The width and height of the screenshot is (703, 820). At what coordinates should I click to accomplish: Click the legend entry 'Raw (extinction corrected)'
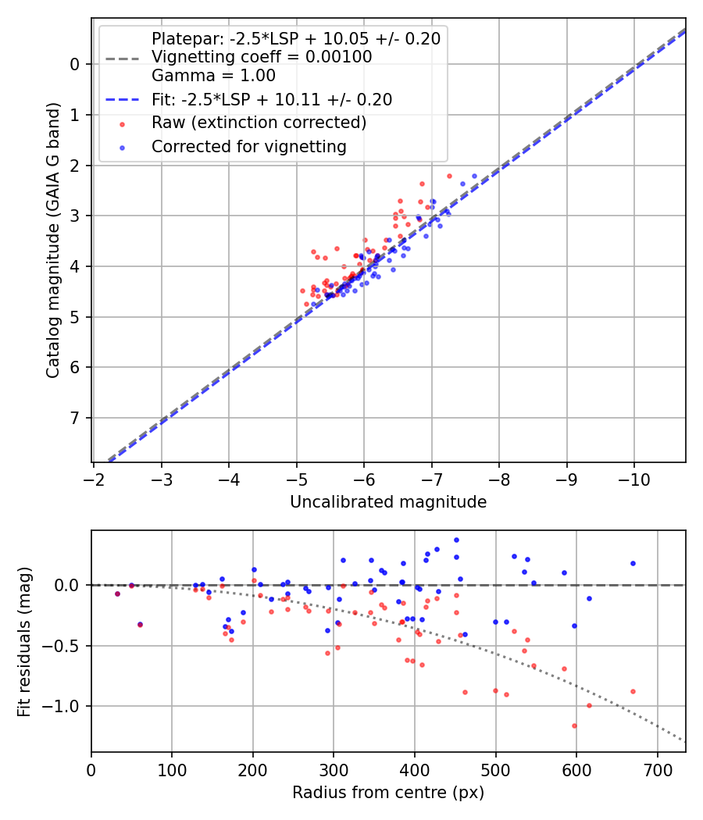coord(259,123)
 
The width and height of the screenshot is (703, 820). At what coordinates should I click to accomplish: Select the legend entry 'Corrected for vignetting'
coord(248,146)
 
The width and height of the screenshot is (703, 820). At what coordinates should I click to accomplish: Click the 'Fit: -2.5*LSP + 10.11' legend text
coord(272,99)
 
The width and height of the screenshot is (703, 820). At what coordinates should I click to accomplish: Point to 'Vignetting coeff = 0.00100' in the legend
coord(262,57)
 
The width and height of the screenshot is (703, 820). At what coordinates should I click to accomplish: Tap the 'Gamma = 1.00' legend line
coord(213,76)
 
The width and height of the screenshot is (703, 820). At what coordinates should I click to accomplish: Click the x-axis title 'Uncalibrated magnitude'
coord(388,502)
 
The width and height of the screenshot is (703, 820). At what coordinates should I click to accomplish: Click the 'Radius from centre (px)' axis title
coord(388,793)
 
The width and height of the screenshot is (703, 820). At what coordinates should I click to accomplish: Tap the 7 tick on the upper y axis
coord(76,418)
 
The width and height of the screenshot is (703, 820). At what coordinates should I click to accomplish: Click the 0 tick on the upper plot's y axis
coord(76,64)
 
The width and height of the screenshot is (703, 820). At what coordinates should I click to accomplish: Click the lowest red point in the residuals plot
coord(574,726)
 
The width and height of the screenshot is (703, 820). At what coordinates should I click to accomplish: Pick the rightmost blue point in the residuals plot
coord(633,563)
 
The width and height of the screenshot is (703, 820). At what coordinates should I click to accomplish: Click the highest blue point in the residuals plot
coord(456,540)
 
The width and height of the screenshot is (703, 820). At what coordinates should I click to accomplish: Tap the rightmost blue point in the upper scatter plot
coord(474,176)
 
